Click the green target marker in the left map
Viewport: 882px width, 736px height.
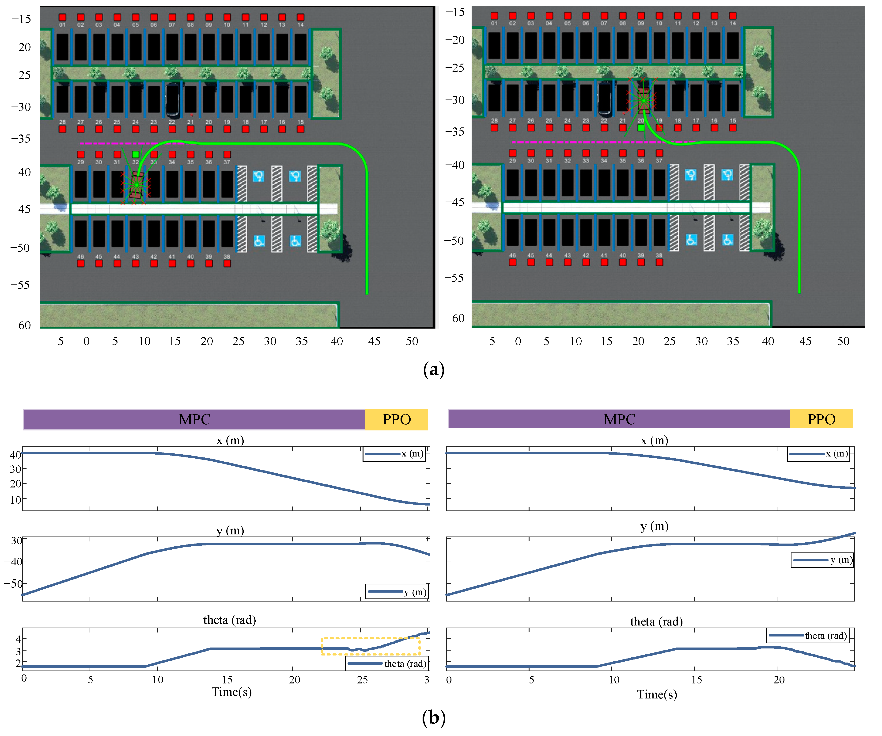pos(136,154)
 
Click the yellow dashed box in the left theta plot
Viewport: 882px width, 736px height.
pos(371,646)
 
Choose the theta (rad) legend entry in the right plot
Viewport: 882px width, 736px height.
pos(808,636)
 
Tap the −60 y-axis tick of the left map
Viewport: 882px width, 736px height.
pos(21,325)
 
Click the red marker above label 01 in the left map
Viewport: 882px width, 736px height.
pos(62,17)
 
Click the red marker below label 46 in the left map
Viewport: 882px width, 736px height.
pos(81,264)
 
